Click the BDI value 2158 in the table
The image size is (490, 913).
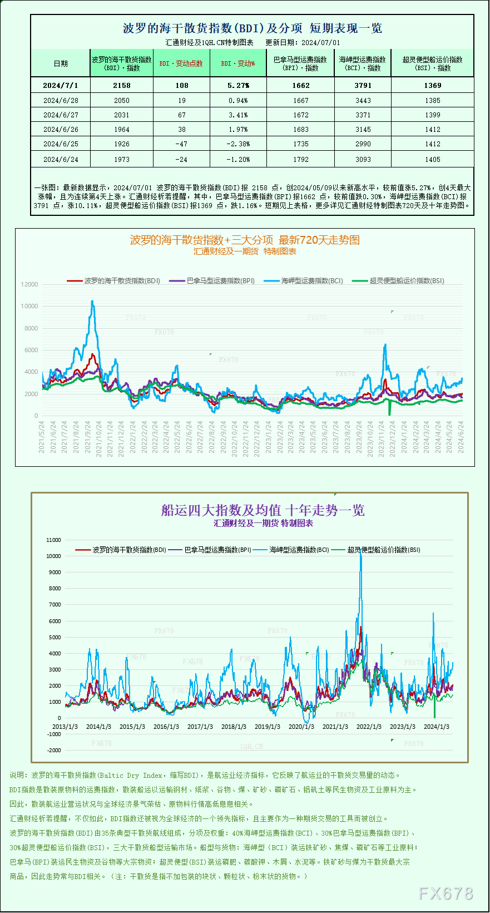[x=121, y=85]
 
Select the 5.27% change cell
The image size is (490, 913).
[x=238, y=85]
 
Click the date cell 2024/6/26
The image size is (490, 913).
[x=61, y=129]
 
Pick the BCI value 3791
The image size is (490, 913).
[x=363, y=85]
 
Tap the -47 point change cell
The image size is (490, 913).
[x=181, y=144]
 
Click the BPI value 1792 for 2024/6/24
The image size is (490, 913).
[x=300, y=159]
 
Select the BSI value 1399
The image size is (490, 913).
[x=432, y=115]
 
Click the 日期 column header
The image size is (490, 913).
[x=61, y=63]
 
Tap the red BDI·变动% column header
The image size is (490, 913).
[x=238, y=63]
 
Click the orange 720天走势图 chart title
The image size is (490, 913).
[x=245, y=240]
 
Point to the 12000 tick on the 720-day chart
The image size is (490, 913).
[x=29, y=284]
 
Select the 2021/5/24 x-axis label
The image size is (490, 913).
[x=42, y=437]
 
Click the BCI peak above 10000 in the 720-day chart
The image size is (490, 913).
[x=92, y=302]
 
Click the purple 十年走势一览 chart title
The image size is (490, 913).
[x=263, y=510]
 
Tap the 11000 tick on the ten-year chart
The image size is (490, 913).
[x=54, y=540]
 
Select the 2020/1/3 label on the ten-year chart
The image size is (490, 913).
[x=301, y=727]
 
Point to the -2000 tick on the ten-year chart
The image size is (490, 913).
[x=54, y=750]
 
